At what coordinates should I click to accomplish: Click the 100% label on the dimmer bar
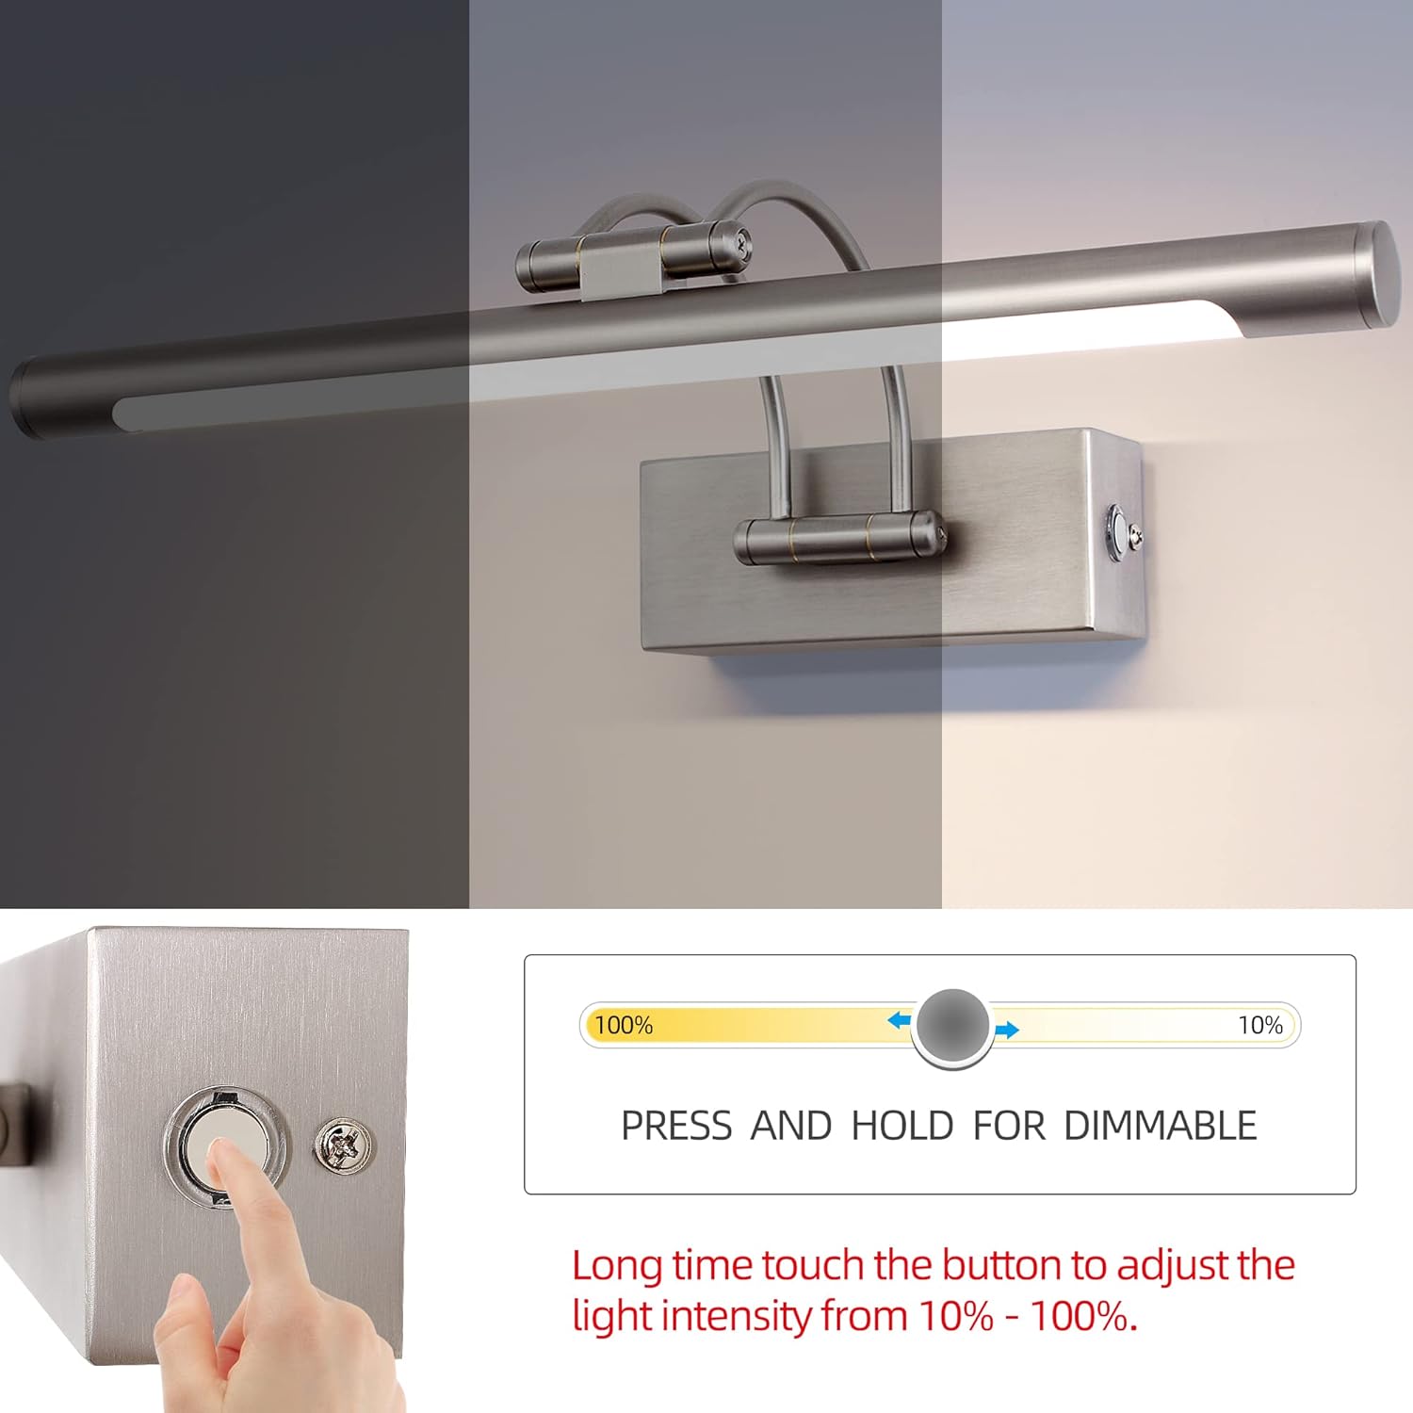(624, 1025)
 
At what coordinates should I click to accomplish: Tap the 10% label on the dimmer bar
(1259, 1025)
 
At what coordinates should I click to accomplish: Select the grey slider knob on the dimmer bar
(952, 1026)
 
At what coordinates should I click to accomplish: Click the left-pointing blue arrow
(900, 1020)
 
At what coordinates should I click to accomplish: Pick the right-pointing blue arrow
(1007, 1030)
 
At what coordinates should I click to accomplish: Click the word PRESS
(676, 1126)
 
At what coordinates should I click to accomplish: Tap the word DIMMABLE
(1160, 1126)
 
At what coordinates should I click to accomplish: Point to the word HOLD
(902, 1126)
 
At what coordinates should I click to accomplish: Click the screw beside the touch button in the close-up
(344, 1145)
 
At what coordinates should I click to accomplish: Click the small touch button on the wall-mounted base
(1118, 532)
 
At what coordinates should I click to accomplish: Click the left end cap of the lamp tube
(26, 398)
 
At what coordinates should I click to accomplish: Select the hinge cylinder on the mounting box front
(838, 538)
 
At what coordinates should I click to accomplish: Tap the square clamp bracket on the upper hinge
(620, 265)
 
